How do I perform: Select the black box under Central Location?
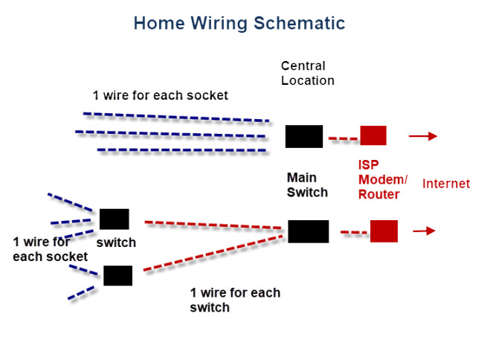click(x=304, y=136)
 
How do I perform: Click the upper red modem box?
click(x=373, y=135)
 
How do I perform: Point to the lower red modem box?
click(x=384, y=231)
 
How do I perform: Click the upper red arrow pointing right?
click(x=422, y=136)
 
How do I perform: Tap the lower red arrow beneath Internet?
click(x=424, y=231)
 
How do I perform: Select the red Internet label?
click(x=446, y=183)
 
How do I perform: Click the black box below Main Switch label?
click(x=308, y=231)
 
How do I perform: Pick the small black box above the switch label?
click(x=114, y=219)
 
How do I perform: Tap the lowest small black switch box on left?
click(x=117, y=275)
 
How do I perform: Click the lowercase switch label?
click(x=116, y=242)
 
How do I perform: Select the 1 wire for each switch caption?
click(x=235, y=300)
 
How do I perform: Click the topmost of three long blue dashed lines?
click(x=176, y=117)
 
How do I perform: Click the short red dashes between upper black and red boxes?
click(x=342, y=138)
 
